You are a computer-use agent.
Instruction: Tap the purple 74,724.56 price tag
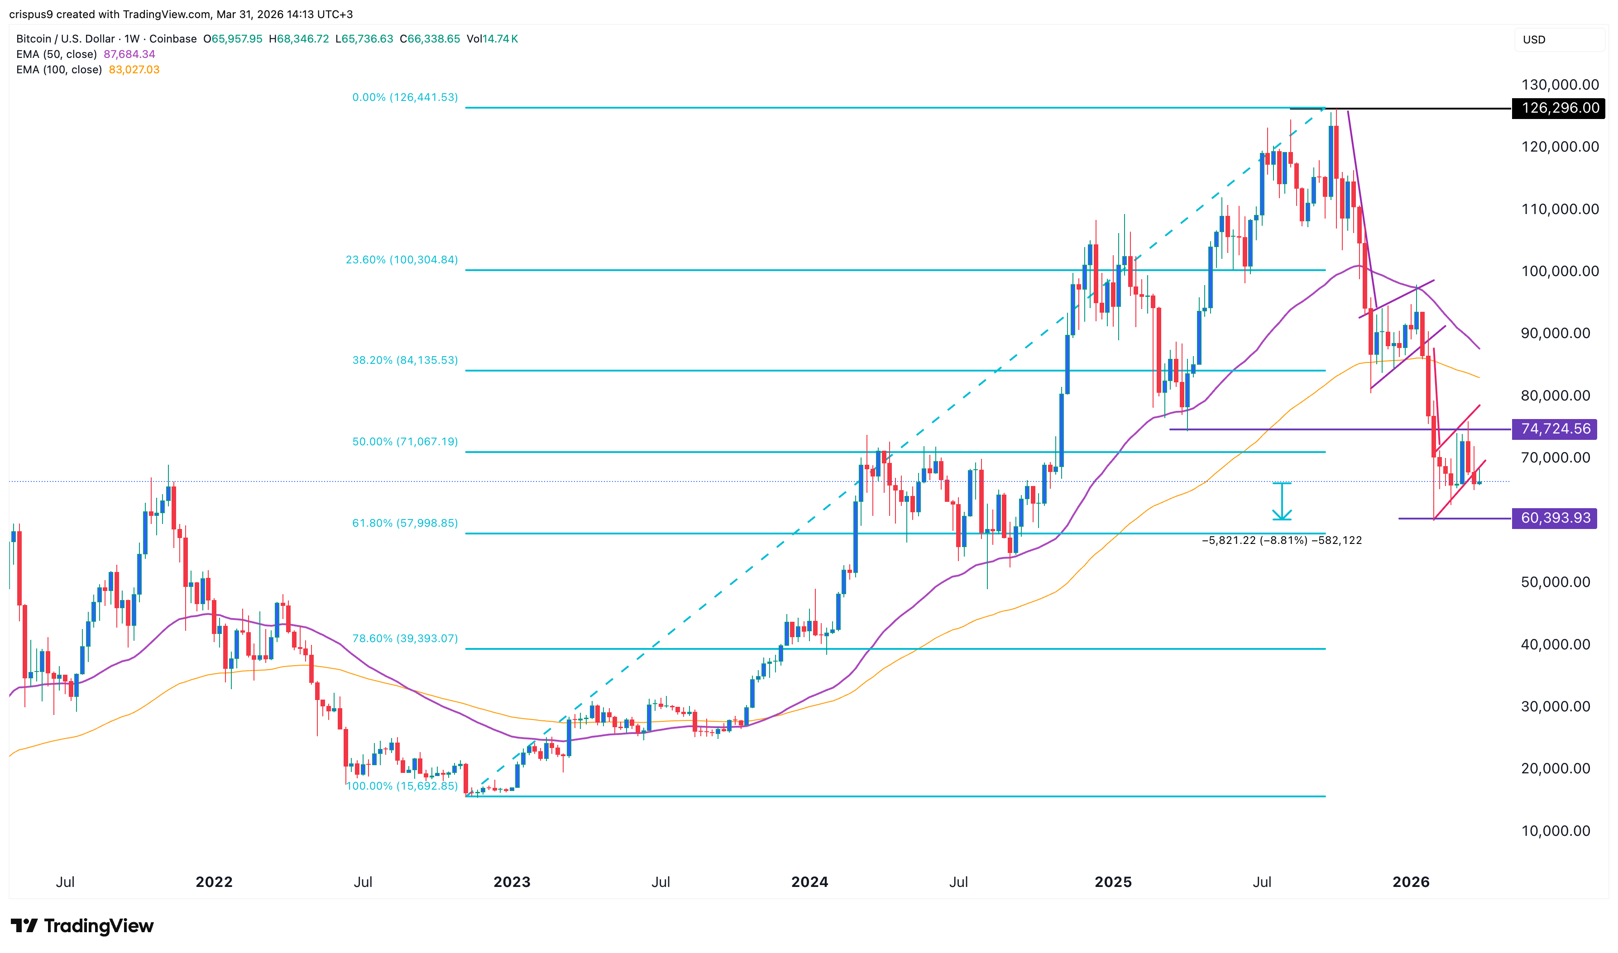[1555, 429]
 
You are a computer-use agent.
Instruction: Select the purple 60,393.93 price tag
[1555, 518]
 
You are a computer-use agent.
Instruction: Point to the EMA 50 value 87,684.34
[129, 54]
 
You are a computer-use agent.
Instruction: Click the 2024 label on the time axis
[809, 882]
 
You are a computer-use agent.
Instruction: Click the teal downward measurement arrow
[1282, 501]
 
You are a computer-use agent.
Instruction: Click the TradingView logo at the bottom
[82, 925]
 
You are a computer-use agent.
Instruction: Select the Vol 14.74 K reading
[492, 38]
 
